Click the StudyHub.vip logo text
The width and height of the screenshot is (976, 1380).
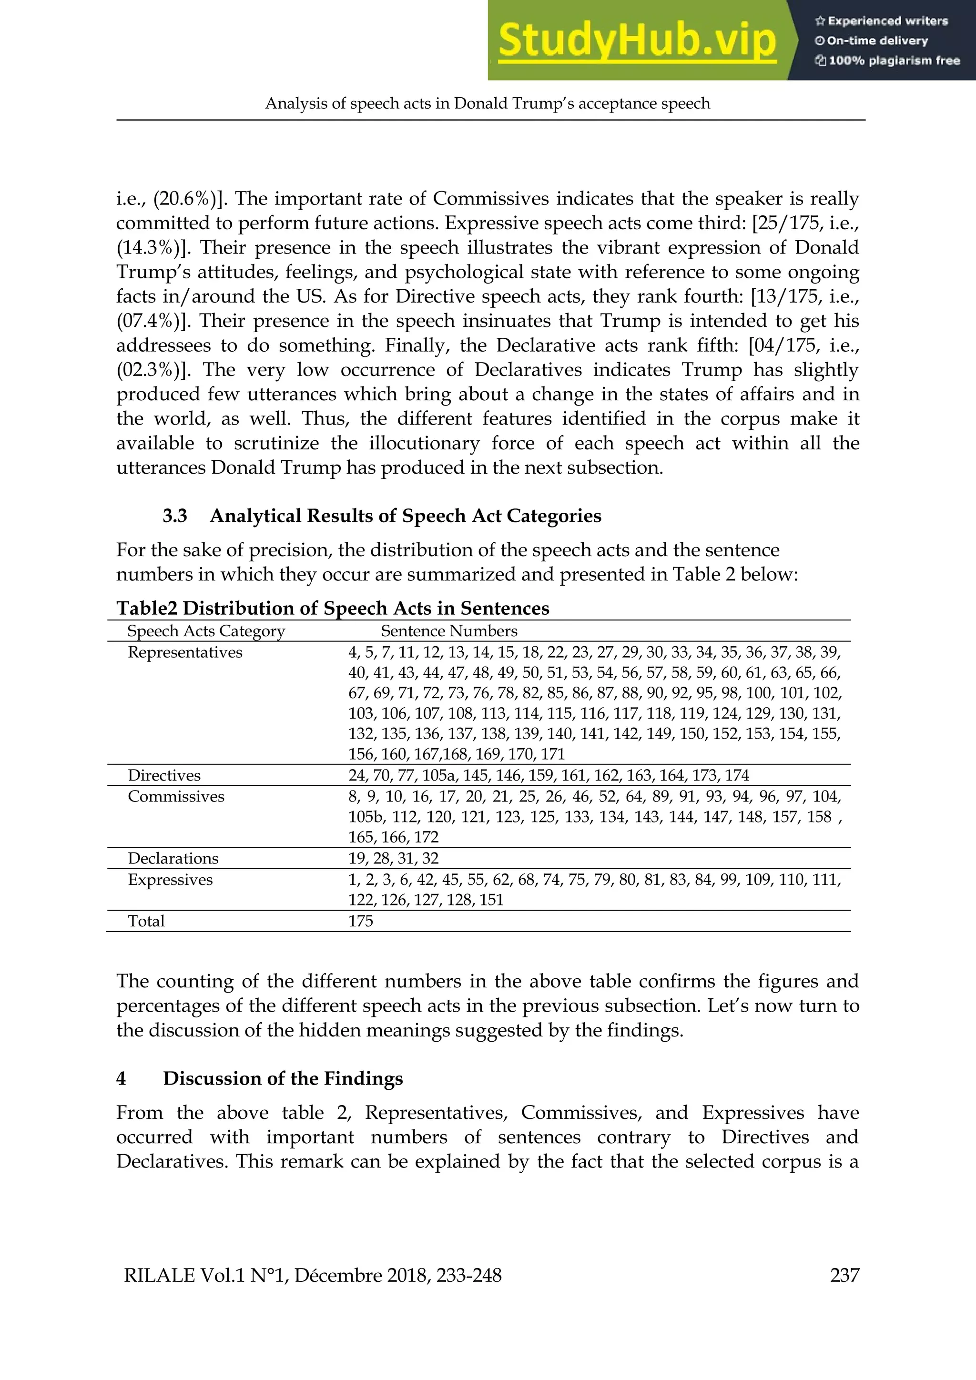click(x=637, y=41)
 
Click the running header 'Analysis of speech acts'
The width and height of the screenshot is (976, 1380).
click(x=488, y=103)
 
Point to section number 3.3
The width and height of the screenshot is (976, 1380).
click(x=175, y=516)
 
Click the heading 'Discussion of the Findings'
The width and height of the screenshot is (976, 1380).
click(x=283, y=1078)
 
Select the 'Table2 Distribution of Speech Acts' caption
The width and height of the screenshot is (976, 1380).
click(x=332, y=608)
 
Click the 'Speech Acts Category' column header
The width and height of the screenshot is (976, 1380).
click(x=206, y=631)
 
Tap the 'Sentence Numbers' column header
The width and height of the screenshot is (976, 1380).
click(x=449, y=631)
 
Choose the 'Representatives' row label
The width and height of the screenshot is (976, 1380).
click(x=184, y=653)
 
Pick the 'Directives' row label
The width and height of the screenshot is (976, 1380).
click(x=164, y=775)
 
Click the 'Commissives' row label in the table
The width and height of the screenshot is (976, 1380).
click(x=175, y=796)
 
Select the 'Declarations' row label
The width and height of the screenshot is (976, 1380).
click(x=173, y=858)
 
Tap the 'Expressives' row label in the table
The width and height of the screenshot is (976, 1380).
click(x=170, y=880)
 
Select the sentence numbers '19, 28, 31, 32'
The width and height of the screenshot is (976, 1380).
click(x=393, y=858)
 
